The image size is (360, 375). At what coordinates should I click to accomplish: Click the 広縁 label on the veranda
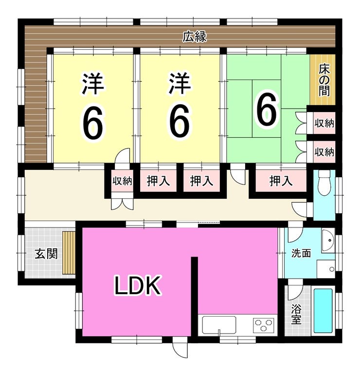point(195,37)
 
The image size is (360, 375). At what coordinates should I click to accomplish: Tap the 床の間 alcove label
point(324,81)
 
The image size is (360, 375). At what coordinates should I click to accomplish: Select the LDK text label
point(137,285)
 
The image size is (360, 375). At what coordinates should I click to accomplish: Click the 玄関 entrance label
point(46,254)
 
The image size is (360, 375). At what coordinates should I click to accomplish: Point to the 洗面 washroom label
point(301,253)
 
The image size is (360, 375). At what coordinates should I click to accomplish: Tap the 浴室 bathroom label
point(296,314)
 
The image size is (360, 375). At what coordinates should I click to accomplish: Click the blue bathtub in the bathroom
point(323,311)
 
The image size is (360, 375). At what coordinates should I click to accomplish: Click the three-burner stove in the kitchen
point(264,325)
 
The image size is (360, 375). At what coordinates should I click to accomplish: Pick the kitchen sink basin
point(219,325)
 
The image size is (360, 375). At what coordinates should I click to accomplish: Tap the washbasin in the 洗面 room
point(328,241)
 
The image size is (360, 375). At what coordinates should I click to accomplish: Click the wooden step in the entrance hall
point(69,253)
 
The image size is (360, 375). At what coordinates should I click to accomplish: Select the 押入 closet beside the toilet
point(281,181)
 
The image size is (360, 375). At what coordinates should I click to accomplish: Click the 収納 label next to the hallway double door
point(122,181)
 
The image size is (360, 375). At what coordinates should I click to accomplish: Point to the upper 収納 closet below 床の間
point(324,123)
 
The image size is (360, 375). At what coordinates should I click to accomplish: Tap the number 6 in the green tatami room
point(267,109)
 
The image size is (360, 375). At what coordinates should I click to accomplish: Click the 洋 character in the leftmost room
point(93,84)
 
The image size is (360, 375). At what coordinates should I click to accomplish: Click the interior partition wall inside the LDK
point(195,297)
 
